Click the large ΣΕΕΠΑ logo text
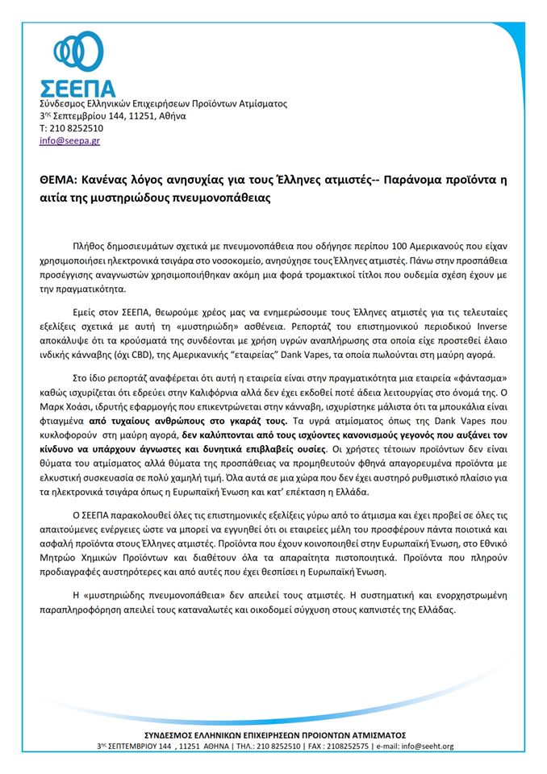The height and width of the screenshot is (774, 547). [x=77, y=88]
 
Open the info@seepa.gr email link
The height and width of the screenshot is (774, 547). [x=70, y=140]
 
